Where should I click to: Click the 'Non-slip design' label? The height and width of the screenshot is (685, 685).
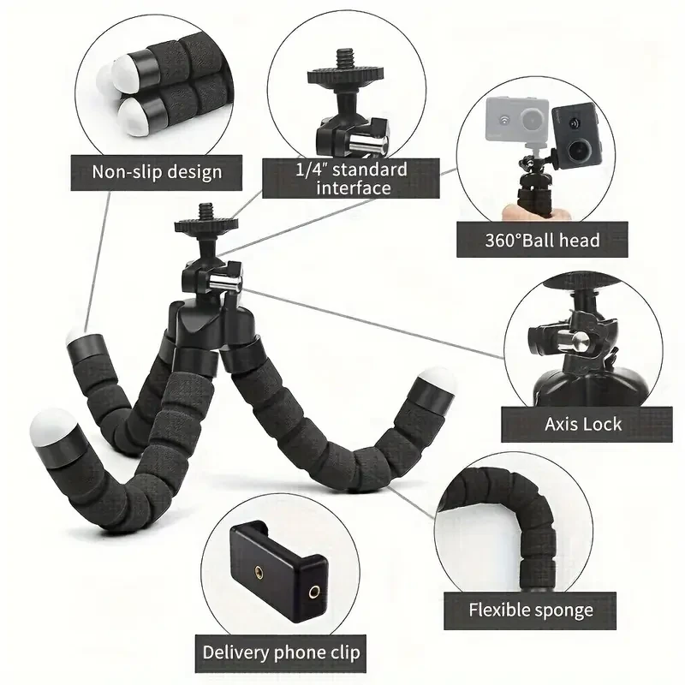tap(157, 171)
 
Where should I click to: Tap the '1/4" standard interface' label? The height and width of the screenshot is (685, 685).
tap(351, 178)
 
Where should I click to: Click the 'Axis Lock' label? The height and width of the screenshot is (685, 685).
tap(583, 423)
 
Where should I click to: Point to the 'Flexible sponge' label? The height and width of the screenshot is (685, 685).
tap(531, 610)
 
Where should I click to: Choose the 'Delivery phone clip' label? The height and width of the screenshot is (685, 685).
tap(281, 652)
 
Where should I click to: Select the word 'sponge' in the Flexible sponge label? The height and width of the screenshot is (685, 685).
tap(561, 611)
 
